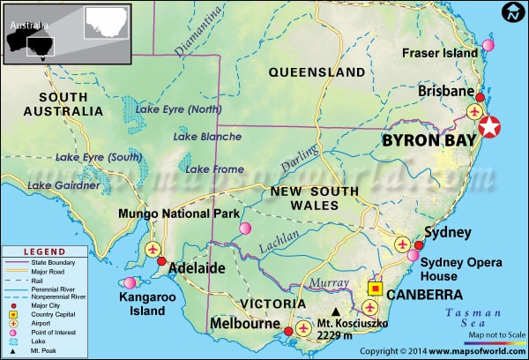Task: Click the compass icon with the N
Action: pyautogui.click(x=513, y=13)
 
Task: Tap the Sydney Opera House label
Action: pyautogui.click(x=460, y=269)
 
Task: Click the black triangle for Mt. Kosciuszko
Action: pyautogui.click(x=335, y=311)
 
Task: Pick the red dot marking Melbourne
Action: pyautogui.click(x=286, y=334)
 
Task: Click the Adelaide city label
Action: pyautogui.click(x=191, y=268)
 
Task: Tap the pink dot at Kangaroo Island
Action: pyautogui.click(x=130, y=282)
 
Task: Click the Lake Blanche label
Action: pyautogui.click(x=207, y=137)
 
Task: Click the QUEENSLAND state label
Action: pyautogui.click(x=317, y=71)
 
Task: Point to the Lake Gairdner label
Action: pyautogui.click(x=63, y=185)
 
